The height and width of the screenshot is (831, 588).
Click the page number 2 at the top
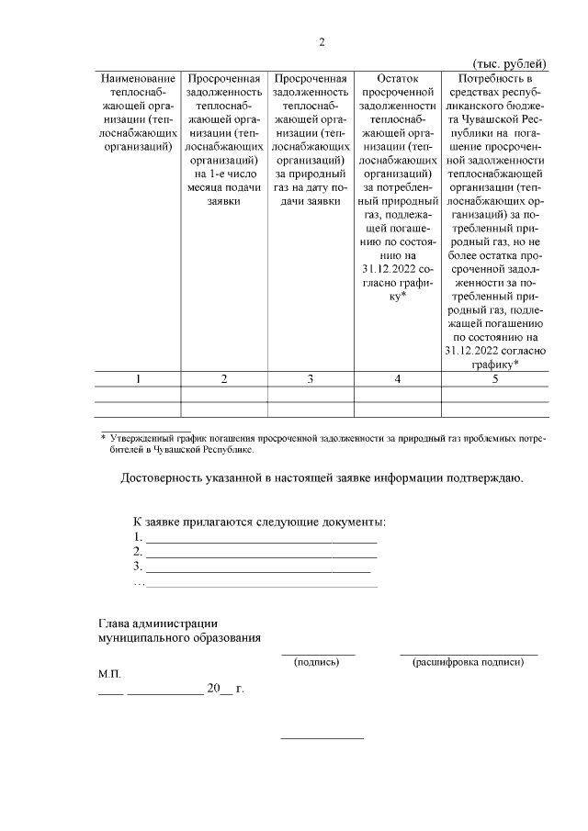tap(322, 41)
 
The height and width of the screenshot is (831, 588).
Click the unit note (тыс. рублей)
tap(509, 63)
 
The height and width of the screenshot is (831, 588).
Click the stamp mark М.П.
tap(109, 675)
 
